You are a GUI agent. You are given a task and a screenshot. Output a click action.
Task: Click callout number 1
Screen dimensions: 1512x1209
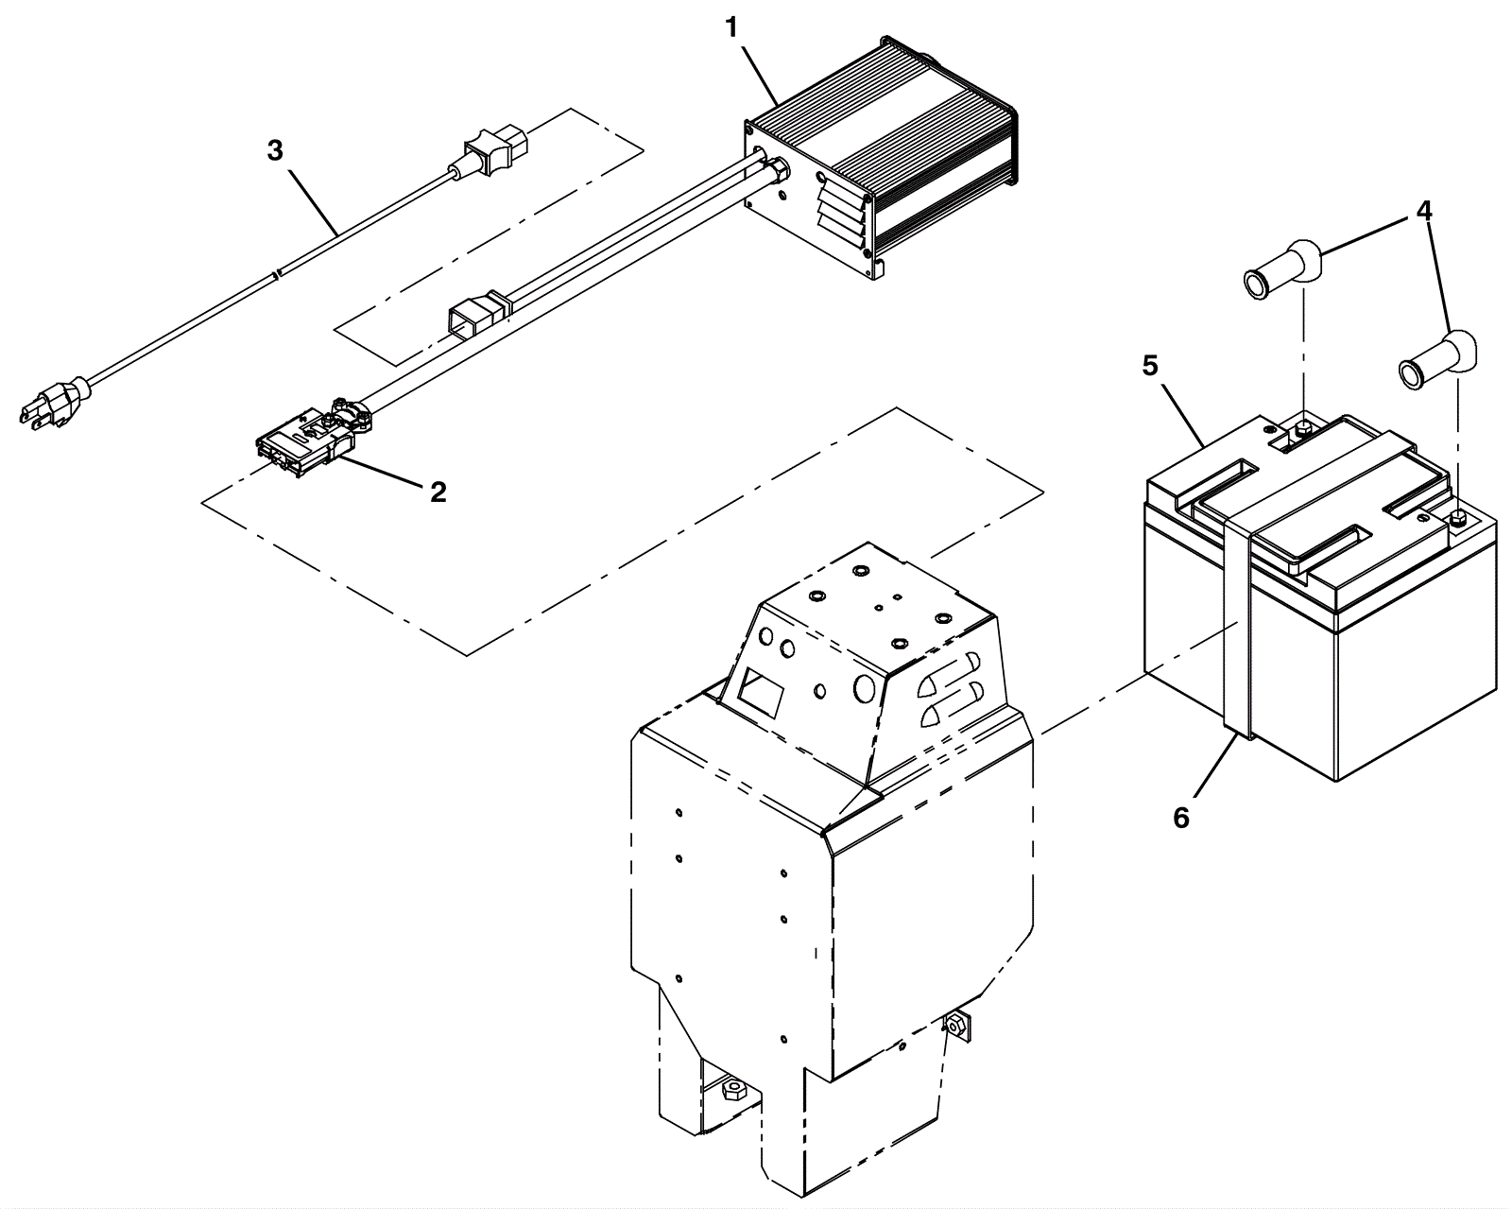coord(731,28)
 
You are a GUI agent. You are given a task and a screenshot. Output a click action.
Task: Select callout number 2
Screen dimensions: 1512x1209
coord(438,492)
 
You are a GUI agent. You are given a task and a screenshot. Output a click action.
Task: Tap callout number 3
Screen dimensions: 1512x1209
coord(275,149)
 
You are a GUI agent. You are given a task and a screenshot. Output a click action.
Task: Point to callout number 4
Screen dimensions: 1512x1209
coord(1423,210)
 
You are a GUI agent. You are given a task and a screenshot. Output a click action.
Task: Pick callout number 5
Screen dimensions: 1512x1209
coord(1149,366)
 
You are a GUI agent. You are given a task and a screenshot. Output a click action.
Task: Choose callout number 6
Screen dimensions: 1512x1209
coord(1181,818)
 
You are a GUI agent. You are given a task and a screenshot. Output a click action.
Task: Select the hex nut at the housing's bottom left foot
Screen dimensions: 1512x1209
coord(734,1090)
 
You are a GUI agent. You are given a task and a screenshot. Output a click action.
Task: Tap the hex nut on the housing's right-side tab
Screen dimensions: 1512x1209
coord(954,1025)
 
